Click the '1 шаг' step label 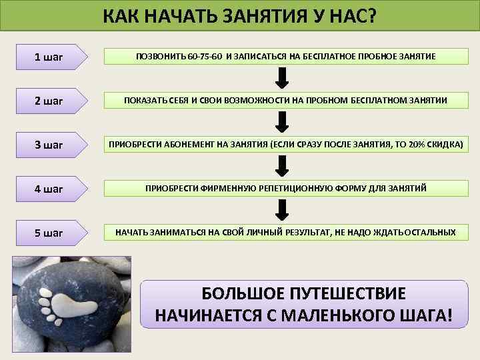pyautogui.click(x=49, y=57)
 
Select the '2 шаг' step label pyautogui.click(x=49, y=101)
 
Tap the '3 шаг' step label pyautogui.click(x=49, y=145)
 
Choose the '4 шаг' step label pyautogui.click(x=49, y=189)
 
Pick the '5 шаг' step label pyautogui.click(x=49, y=233)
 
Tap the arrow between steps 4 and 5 pyautogui.click(x=282, y=210)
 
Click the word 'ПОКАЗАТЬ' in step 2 pyautogui.click(x=145, y=101)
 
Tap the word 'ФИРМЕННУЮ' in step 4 pyautogui.click(x=221, y=189)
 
